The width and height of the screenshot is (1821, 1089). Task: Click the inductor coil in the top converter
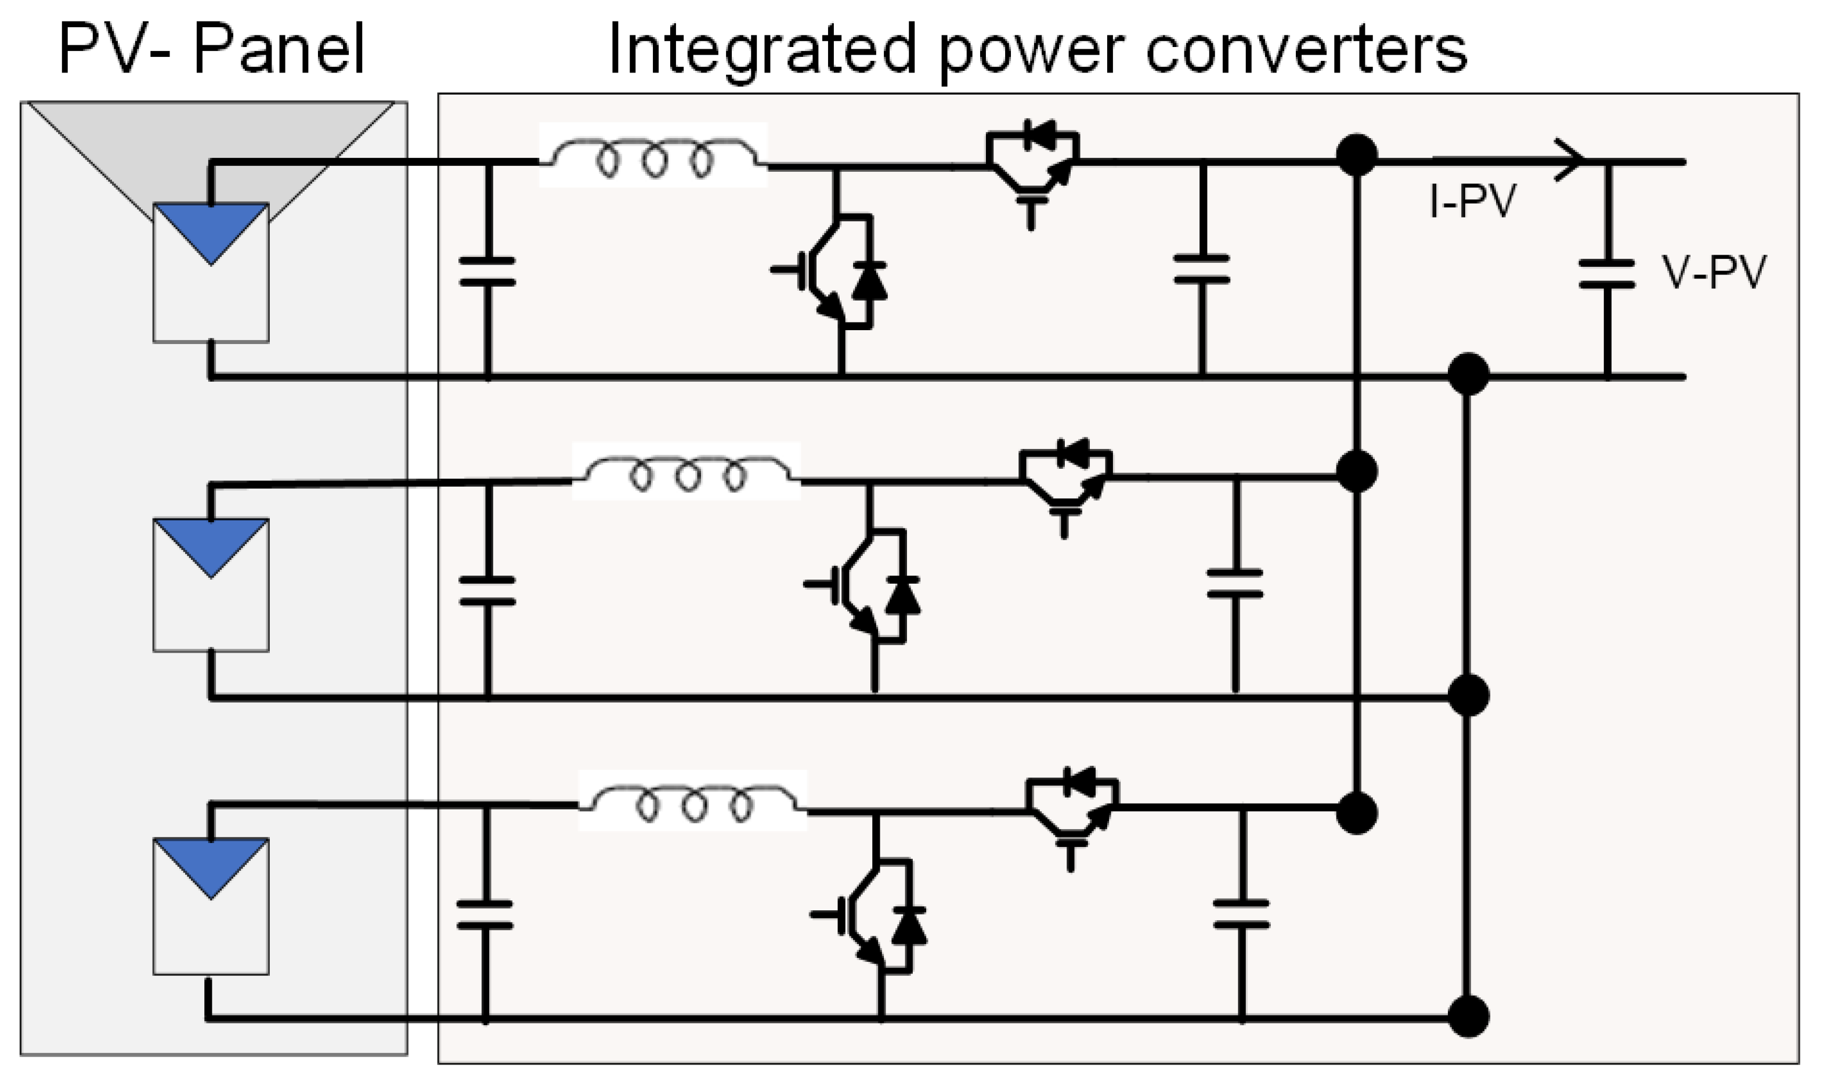653,156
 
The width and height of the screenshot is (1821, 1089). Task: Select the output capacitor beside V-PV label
1607,274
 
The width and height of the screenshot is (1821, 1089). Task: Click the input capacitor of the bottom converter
485,914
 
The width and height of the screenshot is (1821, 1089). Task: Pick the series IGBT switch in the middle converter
1066,477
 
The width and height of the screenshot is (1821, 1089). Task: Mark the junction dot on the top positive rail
1356,155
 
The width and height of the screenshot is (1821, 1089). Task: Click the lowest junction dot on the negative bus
1468,1017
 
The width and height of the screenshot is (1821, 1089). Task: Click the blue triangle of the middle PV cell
211,544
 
